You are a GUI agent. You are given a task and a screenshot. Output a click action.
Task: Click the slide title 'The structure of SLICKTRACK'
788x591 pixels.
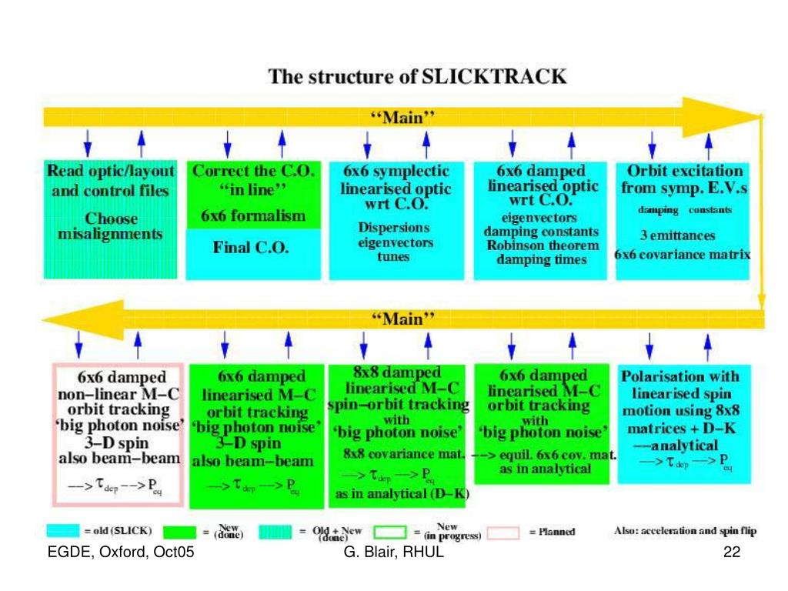417,77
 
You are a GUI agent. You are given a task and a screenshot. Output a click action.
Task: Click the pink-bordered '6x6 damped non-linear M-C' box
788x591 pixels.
119,434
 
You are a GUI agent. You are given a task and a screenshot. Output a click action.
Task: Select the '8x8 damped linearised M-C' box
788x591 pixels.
399,435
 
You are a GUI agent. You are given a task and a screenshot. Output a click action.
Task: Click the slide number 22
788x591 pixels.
732,554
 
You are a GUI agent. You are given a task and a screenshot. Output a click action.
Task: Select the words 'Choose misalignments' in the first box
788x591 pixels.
111,227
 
